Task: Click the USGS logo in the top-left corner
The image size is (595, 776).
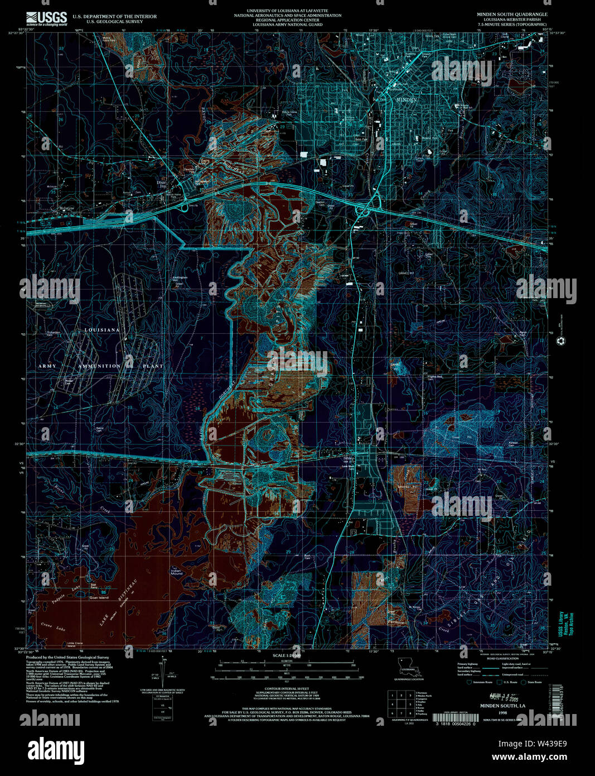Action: [x=46, y=17]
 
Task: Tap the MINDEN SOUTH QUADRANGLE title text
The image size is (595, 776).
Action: [x=511, y=14]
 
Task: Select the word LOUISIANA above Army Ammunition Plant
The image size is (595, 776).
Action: [x=101, y=330]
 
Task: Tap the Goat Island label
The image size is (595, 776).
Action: [x=99, y=597]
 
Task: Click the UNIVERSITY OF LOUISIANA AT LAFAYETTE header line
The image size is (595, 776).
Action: [x=287, y=11]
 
